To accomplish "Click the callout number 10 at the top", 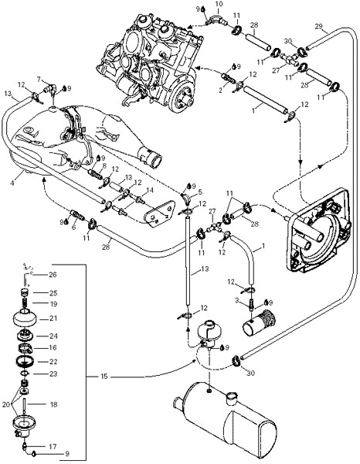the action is (219, 4).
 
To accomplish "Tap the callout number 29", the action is (318, 26).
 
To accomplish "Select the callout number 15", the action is (104, 377).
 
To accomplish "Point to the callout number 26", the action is (53, 275).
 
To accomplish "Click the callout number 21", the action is (53, 319).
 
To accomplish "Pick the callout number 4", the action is (12, 183).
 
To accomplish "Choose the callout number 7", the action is (39, 80).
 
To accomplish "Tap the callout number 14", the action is (150, 190).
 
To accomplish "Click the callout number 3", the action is (236, 301).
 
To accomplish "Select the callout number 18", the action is (54, 404).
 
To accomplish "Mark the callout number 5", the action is (200, 193).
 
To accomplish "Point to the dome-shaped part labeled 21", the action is (25, 318).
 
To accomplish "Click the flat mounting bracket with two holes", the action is (159, 213).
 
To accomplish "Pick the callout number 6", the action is (74, 227).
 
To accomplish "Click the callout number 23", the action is (53, 374).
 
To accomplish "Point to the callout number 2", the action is (220, 90).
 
